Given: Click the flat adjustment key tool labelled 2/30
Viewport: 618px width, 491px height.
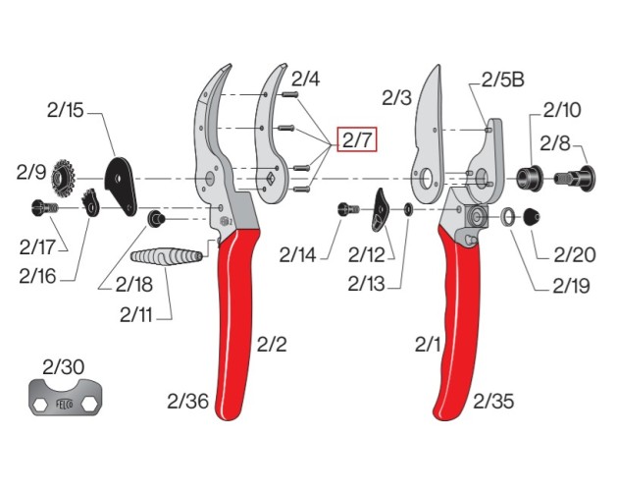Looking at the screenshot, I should tap(65, 402).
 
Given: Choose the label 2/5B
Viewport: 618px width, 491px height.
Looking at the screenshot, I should tap(501, 81).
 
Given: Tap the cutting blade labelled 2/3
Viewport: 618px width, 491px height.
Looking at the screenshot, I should tap(429, 123).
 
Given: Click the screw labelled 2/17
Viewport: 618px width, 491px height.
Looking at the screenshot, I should tap(43, 207).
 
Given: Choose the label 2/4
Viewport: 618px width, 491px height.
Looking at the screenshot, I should tap(306, 80).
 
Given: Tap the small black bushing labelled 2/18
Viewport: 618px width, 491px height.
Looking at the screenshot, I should tap(155, 216).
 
